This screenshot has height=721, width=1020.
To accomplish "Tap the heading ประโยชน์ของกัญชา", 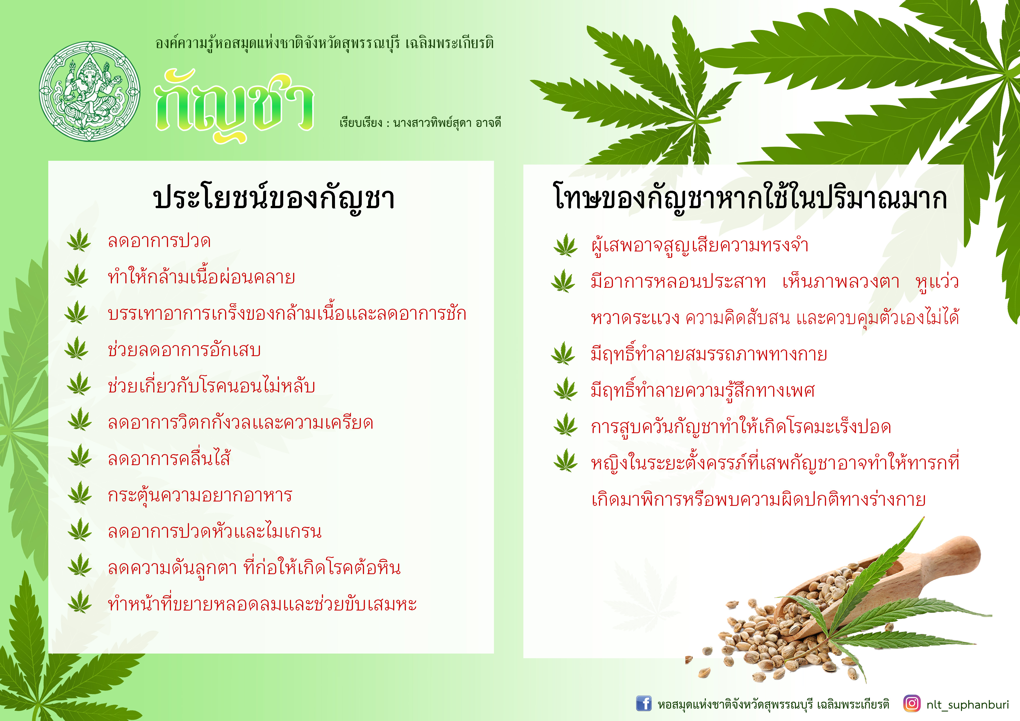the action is coord(274,198).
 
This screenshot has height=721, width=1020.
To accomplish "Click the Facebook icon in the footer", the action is coord(644,704).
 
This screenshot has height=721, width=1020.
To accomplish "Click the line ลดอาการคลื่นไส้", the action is coord(169,458).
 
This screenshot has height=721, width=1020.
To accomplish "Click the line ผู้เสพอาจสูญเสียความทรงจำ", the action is coord(700,245).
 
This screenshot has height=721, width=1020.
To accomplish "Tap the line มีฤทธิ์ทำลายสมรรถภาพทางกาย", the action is coord(709,354).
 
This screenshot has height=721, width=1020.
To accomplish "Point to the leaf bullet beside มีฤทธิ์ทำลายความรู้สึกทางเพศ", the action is coord(566,389).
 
